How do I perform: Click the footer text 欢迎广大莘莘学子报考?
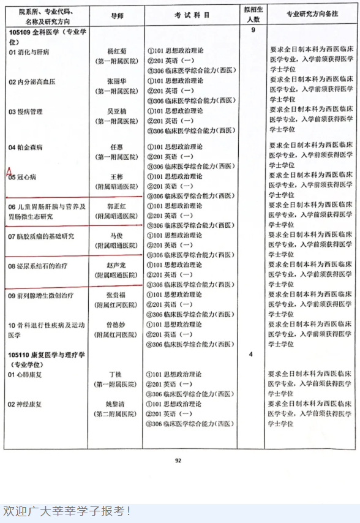click(x=67, y=510)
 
